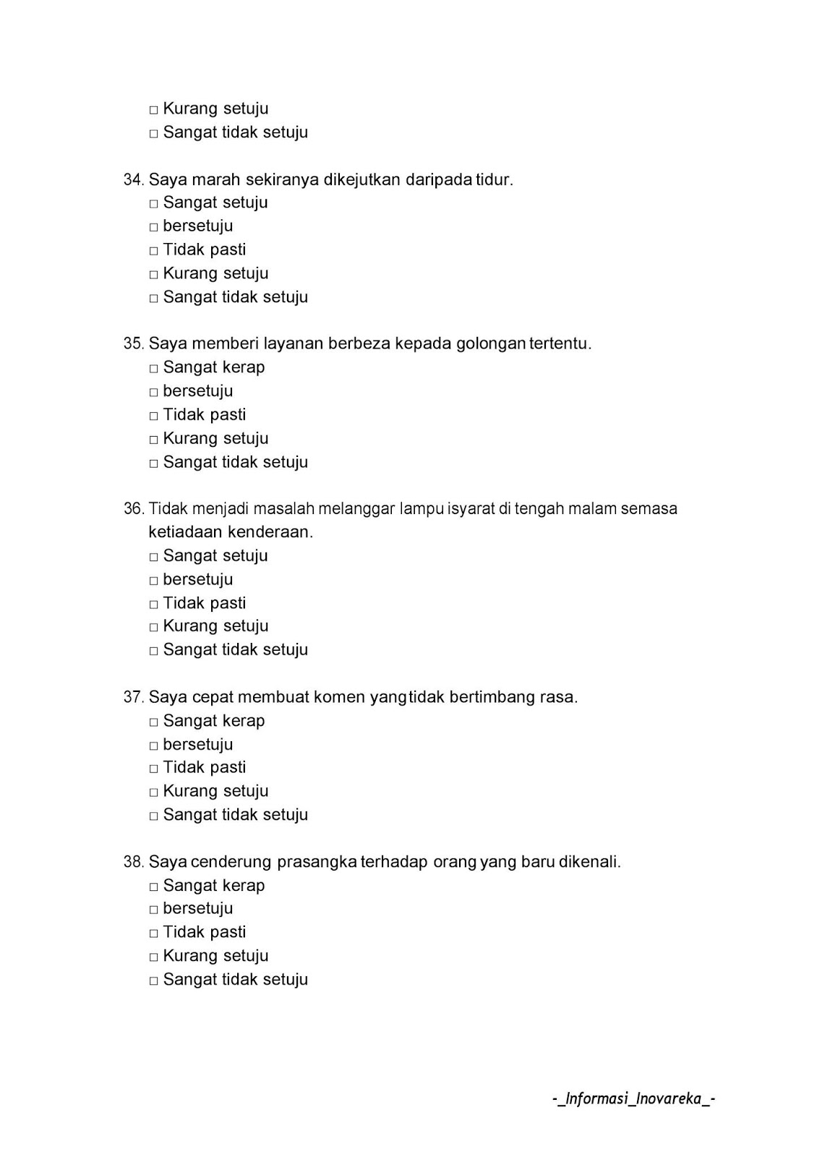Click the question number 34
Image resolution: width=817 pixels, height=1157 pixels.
click(x=133, y=180)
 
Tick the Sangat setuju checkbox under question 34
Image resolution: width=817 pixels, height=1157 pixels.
click(x=153, y=204)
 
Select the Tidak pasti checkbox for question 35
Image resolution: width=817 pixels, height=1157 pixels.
click(x=153, y=417)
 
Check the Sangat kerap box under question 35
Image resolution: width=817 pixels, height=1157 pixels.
click(x=153, y=369)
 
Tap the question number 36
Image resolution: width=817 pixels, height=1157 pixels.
click(x=133, y=509)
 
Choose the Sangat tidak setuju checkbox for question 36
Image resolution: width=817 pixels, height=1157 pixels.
click(x=153, y=652)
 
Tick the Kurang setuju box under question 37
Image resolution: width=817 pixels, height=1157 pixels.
click(x=153, y=793)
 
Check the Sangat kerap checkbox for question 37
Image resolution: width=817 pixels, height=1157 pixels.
click(x=153, y=722)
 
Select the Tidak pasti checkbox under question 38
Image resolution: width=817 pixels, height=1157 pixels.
click(x=153, y=934)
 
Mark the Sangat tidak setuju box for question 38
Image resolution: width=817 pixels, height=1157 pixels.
click(x=153, y=981)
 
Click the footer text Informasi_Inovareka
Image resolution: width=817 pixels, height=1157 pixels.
click(x=634, y=1099)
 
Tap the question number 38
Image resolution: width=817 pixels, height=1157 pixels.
click(x=133, y=862)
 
